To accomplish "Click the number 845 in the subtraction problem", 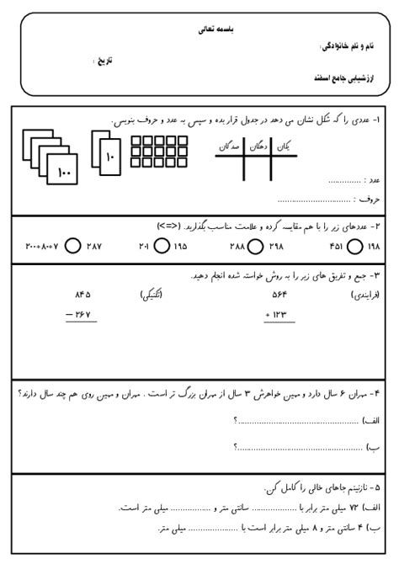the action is tap(82, 294).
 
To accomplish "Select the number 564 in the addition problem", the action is tap(279, 294).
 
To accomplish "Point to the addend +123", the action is tap(278, 316).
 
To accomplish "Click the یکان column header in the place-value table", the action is tap(286, 146).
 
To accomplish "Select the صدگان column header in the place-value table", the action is tap(229, 146).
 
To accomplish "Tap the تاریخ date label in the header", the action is tap(103, 61).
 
